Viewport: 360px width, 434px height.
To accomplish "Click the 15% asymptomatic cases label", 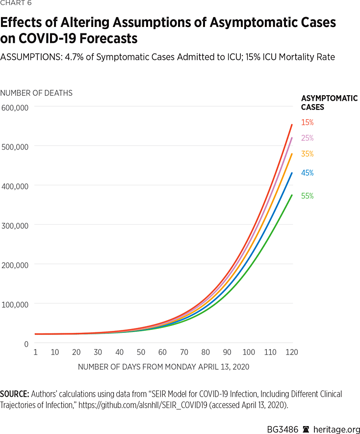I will click(x=307, y=122).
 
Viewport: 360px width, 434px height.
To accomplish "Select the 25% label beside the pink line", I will click(x=307, y=138).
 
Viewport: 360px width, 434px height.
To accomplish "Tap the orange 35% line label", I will click(x=307, y=154).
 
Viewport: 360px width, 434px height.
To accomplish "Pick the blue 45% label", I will click(x=307, y=173).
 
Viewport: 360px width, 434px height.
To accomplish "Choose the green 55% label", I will click(x=307, y=196).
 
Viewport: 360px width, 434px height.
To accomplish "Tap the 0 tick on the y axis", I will click(x=26, y=344).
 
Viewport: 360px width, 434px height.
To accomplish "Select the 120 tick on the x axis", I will click(x=292, y=352).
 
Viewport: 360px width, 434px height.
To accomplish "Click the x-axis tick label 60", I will click(x=162, y=352).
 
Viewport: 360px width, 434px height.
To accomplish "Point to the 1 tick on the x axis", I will click(x=36, y=352).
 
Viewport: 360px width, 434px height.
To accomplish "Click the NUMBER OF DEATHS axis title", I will click(x=36, y=93).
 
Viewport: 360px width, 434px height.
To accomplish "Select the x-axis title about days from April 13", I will click(x=164, y=367).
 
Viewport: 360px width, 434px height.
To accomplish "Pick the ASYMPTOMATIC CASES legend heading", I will click(x=329, y=102).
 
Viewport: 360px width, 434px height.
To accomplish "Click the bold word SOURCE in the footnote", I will click(x=14, y=394).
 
